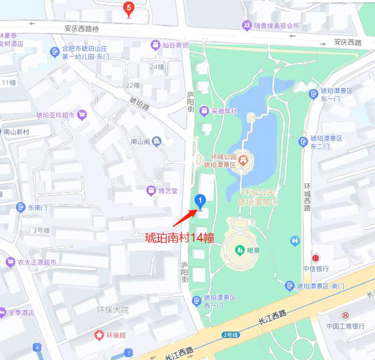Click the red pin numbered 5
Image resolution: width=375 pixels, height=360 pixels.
(128, 8)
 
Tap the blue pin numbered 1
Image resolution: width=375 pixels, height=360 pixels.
(200, 200)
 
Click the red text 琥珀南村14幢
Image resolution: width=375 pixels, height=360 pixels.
(180, 237)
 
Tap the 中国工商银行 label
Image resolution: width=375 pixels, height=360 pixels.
(345, 326)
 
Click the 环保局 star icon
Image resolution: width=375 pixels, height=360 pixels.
(99, 335)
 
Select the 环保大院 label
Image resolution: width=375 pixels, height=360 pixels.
(113, 310)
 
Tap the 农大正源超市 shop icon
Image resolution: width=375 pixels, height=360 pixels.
(10, 263)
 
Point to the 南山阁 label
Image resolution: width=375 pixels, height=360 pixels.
(140, 142)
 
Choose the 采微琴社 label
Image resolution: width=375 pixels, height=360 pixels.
(224, 111)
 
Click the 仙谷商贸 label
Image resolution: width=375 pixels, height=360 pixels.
(175, 45)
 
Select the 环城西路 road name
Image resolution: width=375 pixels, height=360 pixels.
(307, 197)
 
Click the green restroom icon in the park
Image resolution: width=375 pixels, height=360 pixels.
(295, 241)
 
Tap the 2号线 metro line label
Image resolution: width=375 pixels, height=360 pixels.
(230, 334)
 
